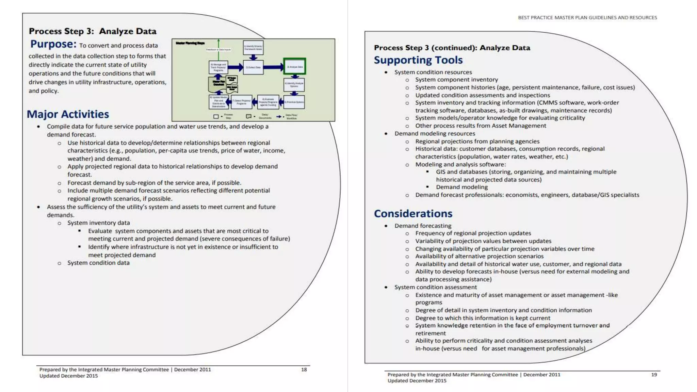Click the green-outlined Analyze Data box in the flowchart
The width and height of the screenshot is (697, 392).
295,66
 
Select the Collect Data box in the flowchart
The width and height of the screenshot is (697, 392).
253,67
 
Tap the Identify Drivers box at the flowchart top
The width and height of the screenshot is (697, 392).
253,47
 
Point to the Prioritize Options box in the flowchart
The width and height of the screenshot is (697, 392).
294,102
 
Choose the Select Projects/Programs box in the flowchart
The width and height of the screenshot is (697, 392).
242,102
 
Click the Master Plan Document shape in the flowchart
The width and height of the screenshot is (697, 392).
218,84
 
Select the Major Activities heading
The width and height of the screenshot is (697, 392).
68,114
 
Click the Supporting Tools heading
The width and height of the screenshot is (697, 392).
418,60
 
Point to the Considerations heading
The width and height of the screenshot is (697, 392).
413,214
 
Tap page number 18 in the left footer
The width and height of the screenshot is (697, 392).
304,370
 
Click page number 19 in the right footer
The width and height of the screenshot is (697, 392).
654,375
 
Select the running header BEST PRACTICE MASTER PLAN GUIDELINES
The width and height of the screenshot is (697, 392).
587,18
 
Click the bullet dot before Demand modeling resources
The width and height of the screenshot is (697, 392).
386,134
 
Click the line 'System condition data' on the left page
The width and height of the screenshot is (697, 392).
98,263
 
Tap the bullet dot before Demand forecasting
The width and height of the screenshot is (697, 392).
386,226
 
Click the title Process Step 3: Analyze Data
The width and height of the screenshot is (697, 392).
93,31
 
